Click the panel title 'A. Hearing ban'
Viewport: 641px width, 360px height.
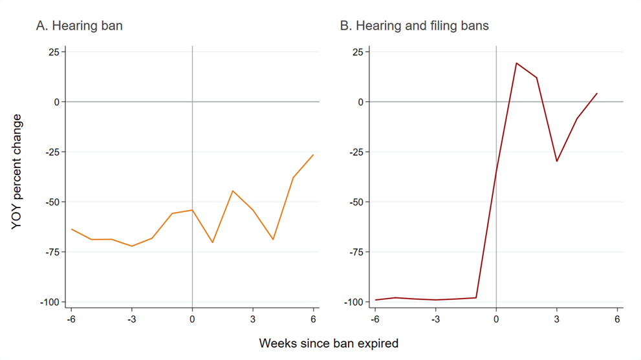(x=80, y=26)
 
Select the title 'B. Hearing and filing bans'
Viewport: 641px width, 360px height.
(x=414, y=26)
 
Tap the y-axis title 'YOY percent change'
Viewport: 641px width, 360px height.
(x=16, y=172)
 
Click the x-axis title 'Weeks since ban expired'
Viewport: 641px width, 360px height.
(x=329, y=343)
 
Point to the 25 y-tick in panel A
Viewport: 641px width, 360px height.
(x=54, y=52)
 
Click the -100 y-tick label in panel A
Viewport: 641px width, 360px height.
(x=49, y=302)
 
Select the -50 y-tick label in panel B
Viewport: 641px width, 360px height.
(x=356, y=202)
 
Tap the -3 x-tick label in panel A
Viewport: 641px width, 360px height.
(x=131, y=319)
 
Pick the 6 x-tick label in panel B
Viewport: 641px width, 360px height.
(x=617, y=319)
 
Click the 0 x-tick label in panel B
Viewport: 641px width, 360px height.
(x=496, y=319)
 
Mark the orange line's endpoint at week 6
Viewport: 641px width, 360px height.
(x=313, y=155)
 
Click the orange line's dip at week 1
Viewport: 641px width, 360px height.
(x=213, y=242)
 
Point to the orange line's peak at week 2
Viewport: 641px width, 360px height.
(x=233, y=191)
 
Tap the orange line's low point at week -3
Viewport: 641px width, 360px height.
(x=132, y=246)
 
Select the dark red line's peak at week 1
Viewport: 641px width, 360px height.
(x=516, y=63)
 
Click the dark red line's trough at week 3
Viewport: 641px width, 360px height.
(x=557, y=161)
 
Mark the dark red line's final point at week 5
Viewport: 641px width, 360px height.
(x=597, y=94)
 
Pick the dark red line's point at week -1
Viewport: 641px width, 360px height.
(x=476, y=297)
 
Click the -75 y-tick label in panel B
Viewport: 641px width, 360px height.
(x=356, y=252)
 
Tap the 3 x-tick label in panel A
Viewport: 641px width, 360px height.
(x=253, y=319)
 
